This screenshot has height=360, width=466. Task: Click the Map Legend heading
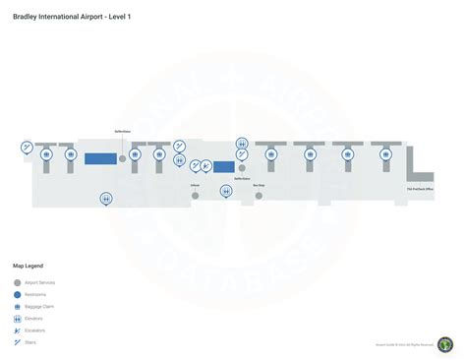pos(28,266)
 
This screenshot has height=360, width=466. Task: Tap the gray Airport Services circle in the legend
pos(18,282)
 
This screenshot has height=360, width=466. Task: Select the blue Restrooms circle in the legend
pos(18,295)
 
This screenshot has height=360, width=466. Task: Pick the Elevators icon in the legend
pos(18,319)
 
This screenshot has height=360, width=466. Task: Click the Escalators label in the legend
pos(37,330)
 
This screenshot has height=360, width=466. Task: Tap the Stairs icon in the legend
pos(18,342)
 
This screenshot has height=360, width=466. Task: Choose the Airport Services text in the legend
pos(40,282)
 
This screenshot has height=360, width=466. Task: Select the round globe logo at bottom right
pos(445,344)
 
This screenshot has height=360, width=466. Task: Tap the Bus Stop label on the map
pos(259,185)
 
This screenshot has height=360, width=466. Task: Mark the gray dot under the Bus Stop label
pos(259,196)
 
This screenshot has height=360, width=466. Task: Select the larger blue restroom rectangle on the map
pos(98,157)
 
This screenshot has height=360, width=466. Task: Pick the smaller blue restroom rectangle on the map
pos(224,166)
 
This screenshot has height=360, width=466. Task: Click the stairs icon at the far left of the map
pos(28,148)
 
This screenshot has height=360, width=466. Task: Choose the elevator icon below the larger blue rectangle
pos(105,199)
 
